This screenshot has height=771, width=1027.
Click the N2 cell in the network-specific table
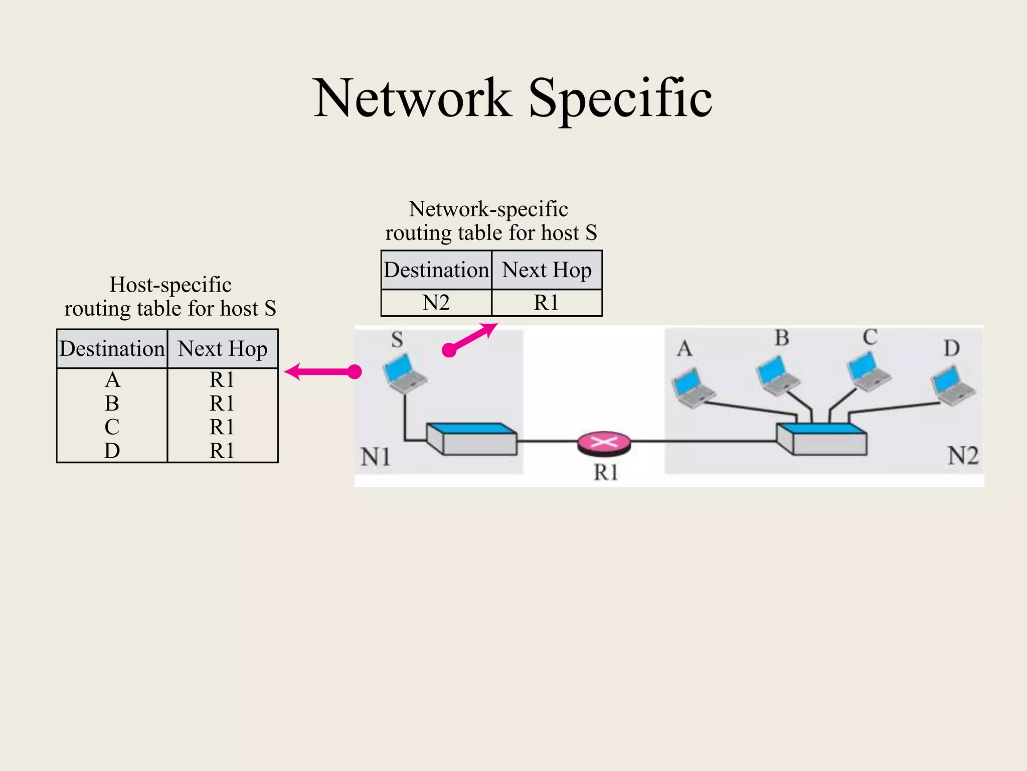click(436, 303)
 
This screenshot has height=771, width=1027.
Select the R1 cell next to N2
click(546, 303)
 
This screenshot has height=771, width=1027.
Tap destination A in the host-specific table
click(112, 380)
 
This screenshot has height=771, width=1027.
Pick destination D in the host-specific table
click(112, 450)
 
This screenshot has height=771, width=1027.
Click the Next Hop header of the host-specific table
click(222, 349)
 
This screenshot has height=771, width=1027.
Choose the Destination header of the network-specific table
click(436, 270)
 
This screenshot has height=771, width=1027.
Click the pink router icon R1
click(604, 443)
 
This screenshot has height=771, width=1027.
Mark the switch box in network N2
click(821, 439)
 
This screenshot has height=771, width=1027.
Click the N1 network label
click(376, 457)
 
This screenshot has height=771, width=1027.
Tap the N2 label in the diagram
click(962, 456)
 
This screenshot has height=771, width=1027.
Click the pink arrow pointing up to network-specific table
click(471, 337)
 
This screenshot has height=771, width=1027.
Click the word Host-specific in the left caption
click(170, 285)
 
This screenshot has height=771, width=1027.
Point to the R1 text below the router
click(605, 472)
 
